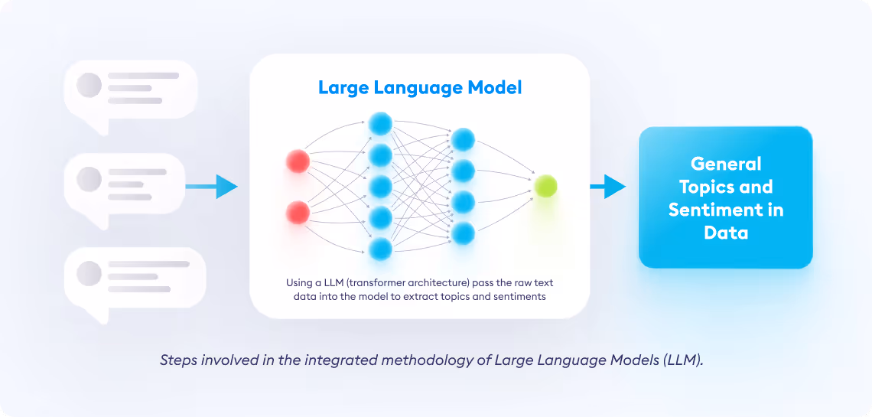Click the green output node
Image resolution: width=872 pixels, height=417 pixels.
click(x=545, y=186)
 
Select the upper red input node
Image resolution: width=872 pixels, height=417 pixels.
click(x=298, y=161)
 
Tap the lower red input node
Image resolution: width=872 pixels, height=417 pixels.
click(x=298, y=213)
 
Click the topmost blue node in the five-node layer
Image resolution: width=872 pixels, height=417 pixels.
click(x=381, y=123)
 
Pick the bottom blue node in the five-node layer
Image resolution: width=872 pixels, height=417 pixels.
click(x=381, y=249)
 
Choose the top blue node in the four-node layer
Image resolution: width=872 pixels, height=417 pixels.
click(x=463, y=139)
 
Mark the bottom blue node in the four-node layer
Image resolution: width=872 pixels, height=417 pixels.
click(x=463, y=233)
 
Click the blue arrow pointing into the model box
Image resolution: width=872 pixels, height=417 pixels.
click(x=211, y=186)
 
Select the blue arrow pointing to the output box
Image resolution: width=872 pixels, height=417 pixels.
click(x=608, y=186)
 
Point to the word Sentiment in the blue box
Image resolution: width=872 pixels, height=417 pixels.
click(x=718, y=210)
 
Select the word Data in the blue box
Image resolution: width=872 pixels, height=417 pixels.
click(x=726, y=233)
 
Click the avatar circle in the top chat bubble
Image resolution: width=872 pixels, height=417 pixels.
click(x=89, y=85)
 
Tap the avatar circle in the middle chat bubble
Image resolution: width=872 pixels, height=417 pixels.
click(x=89, y=179)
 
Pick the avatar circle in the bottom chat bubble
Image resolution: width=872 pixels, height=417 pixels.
click(x=89, y=273)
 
